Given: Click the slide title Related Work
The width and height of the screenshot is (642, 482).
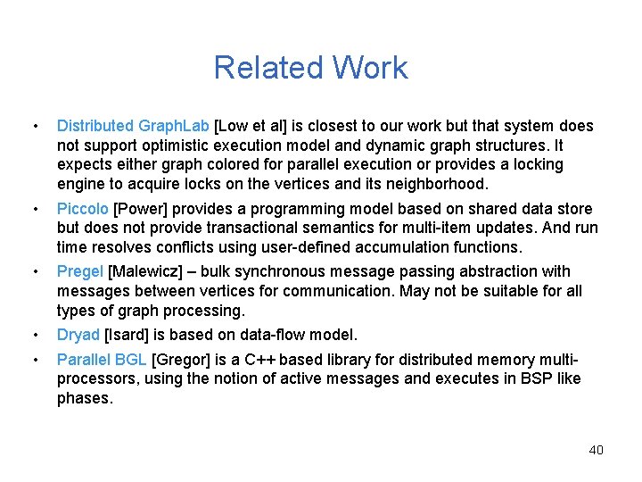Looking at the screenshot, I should click(x=310, y=68).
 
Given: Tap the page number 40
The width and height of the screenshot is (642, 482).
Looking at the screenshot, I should click(x=596, y=449).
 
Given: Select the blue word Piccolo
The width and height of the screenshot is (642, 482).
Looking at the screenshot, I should click(x=82, y=209).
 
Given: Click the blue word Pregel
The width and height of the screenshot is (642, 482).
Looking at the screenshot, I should click(x=79, y=271).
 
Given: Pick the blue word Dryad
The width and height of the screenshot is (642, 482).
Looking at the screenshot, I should click(x=78, y=335).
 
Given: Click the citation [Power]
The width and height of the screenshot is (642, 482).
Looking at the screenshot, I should click(x=140, y=209).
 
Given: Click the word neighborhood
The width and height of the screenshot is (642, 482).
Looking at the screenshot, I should click(x=436, y=184).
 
